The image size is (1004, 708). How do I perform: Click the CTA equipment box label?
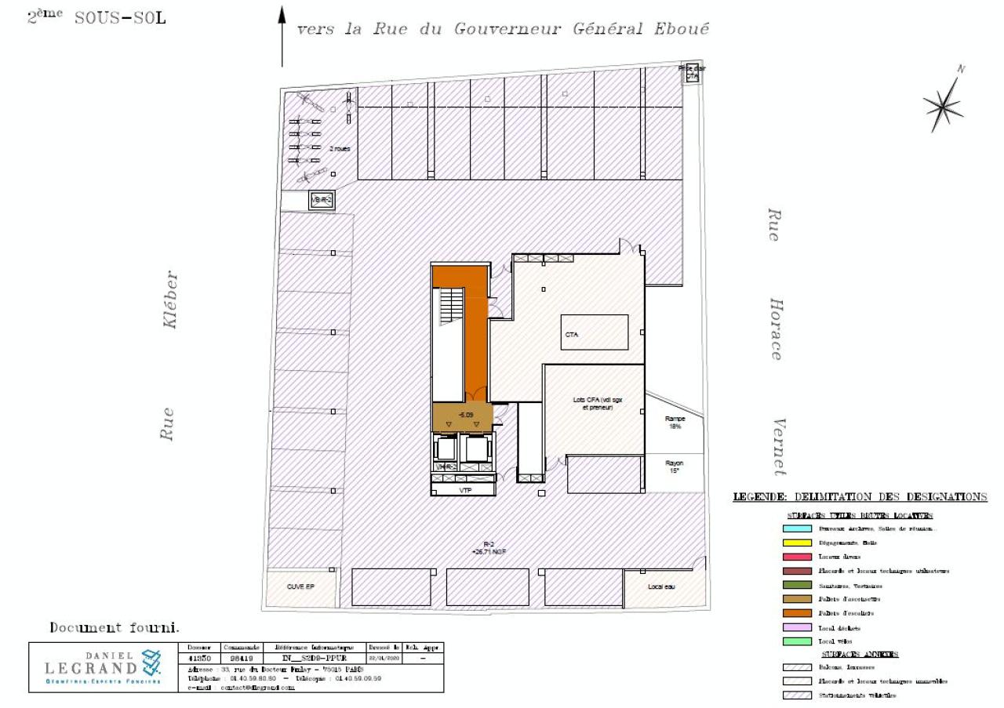[x=572, y=334]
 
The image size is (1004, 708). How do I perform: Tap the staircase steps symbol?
[x=453, y=305]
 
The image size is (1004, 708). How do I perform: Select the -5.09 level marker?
[x=466, y=414]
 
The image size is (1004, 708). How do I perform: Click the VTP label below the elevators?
[x=466, y=490]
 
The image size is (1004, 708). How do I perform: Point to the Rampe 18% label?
[x=675, y=423]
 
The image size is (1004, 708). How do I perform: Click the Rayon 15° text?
[x=675, y=467]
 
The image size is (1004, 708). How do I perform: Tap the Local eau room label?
[x=661, y=586]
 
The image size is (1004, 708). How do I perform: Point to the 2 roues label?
[x=339, y=147]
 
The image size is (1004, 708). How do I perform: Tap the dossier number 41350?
[x=200, y=659]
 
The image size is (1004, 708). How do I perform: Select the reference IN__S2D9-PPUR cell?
[x=319, y=659]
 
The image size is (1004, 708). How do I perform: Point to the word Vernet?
[x=777, y=447]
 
